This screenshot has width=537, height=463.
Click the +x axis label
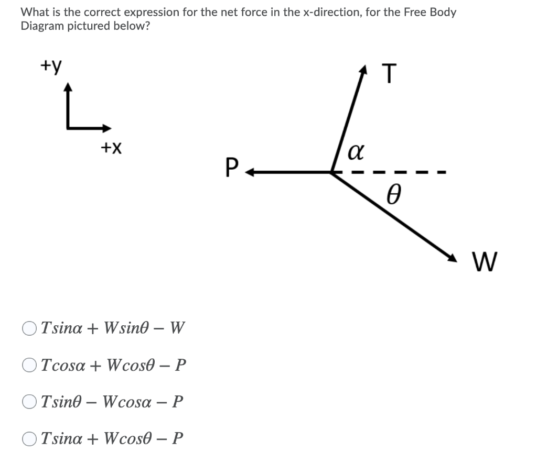111,149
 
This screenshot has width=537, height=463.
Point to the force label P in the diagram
231,169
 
